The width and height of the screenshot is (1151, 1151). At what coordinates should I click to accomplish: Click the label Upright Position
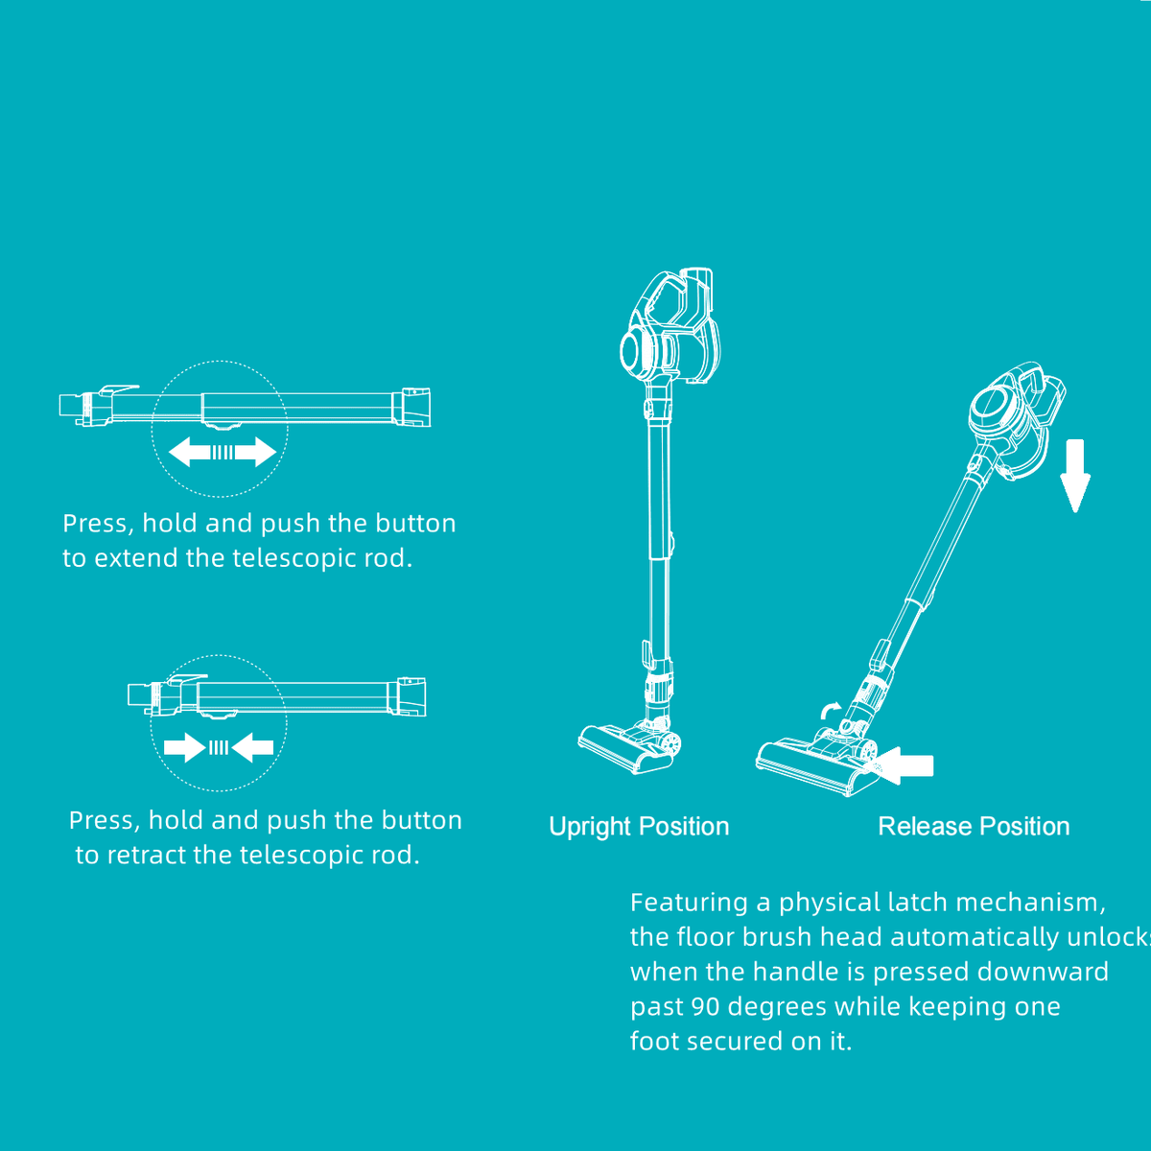tap(639, 827)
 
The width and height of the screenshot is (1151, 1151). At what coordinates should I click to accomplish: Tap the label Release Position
tap(974, 827)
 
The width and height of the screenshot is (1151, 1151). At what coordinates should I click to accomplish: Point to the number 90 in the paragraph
tap(705, 1006)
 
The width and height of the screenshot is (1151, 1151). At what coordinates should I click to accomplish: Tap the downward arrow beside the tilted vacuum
tap(1075, 476)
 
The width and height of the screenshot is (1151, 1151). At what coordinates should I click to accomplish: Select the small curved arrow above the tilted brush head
tap(831, 710)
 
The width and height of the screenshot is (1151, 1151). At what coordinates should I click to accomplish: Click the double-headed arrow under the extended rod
tap(223, 452)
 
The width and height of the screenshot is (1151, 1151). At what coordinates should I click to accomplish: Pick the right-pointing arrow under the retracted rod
tap(184, 747)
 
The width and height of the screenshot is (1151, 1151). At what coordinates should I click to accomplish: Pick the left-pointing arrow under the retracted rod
tap(252, 747)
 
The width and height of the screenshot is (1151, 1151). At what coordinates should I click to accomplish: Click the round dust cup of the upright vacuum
tap(633, 352)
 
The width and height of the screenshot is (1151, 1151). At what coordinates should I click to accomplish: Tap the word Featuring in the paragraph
tap(689, 904)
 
